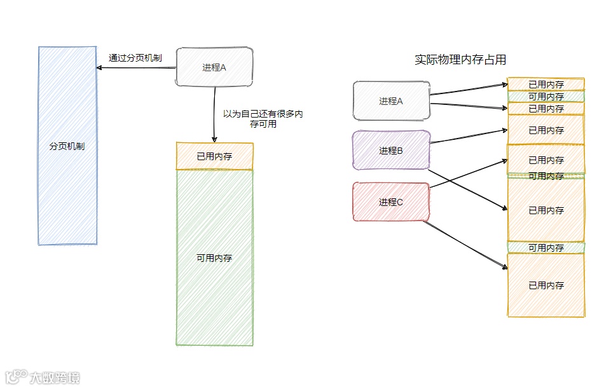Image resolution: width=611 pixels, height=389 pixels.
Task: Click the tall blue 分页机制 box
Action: [67, 146]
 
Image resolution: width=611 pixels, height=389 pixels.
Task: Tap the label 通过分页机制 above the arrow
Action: [135, 58]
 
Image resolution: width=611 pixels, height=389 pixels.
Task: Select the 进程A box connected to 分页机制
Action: [214, 67]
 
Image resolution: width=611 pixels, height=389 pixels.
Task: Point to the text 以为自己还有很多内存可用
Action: [262, 119]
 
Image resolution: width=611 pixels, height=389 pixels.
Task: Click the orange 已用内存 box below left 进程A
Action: [214, 156]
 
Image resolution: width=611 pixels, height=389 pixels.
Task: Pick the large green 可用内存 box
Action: [214, 258]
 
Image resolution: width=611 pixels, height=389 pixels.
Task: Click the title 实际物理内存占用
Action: [460, 60]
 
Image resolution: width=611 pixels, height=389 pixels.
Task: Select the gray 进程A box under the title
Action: [391, 100]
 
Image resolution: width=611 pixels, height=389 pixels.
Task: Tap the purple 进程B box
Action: [391, 151]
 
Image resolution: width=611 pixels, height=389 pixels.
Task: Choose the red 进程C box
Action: [391, 202]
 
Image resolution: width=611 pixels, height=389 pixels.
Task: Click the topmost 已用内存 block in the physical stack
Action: [546, 84]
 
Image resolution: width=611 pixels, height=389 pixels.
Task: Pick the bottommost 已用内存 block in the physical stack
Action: [546, 285]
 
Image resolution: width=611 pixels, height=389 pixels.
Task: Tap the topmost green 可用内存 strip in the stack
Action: [546, 97]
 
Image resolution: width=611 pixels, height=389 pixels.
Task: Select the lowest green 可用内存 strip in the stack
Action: [546, 248]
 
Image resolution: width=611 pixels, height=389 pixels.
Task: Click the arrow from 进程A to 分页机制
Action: [137, 67]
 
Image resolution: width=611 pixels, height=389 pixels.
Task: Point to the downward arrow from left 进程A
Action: [215, 114]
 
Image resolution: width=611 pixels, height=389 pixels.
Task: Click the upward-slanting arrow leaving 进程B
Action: [469, 136]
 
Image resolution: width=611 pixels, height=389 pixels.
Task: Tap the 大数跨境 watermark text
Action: [55, 378]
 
